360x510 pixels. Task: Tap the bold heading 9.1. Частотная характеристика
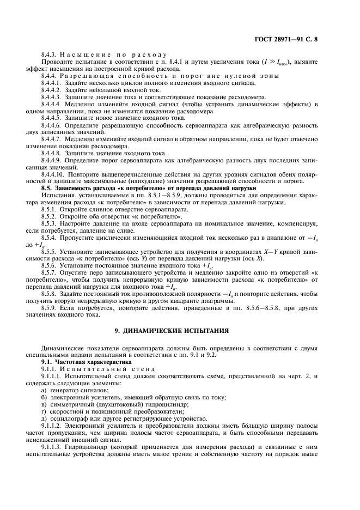tap(79, 361)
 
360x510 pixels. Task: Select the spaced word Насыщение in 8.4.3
tap(86, 56)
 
